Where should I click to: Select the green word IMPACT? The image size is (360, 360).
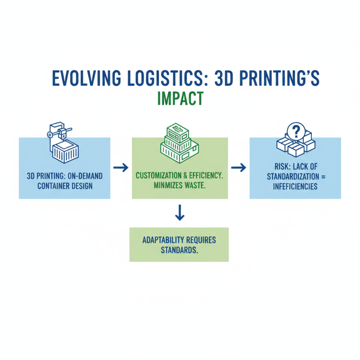click(x=180, y=98)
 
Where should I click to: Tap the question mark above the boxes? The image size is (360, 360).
click(x=296, y=132)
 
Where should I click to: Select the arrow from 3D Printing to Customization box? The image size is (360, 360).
click(x=121, y=168)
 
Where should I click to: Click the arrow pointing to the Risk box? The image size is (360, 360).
click(x=239, y=168)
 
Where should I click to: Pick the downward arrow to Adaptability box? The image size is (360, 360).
click(x=180, y=213)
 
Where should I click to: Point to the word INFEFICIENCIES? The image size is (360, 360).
click(x=295, y=186)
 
